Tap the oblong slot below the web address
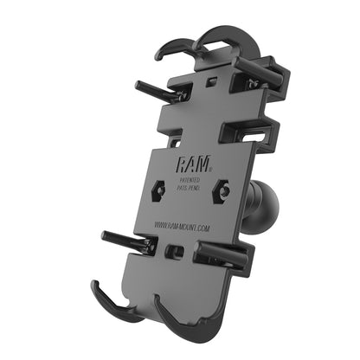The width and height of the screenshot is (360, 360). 176,253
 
